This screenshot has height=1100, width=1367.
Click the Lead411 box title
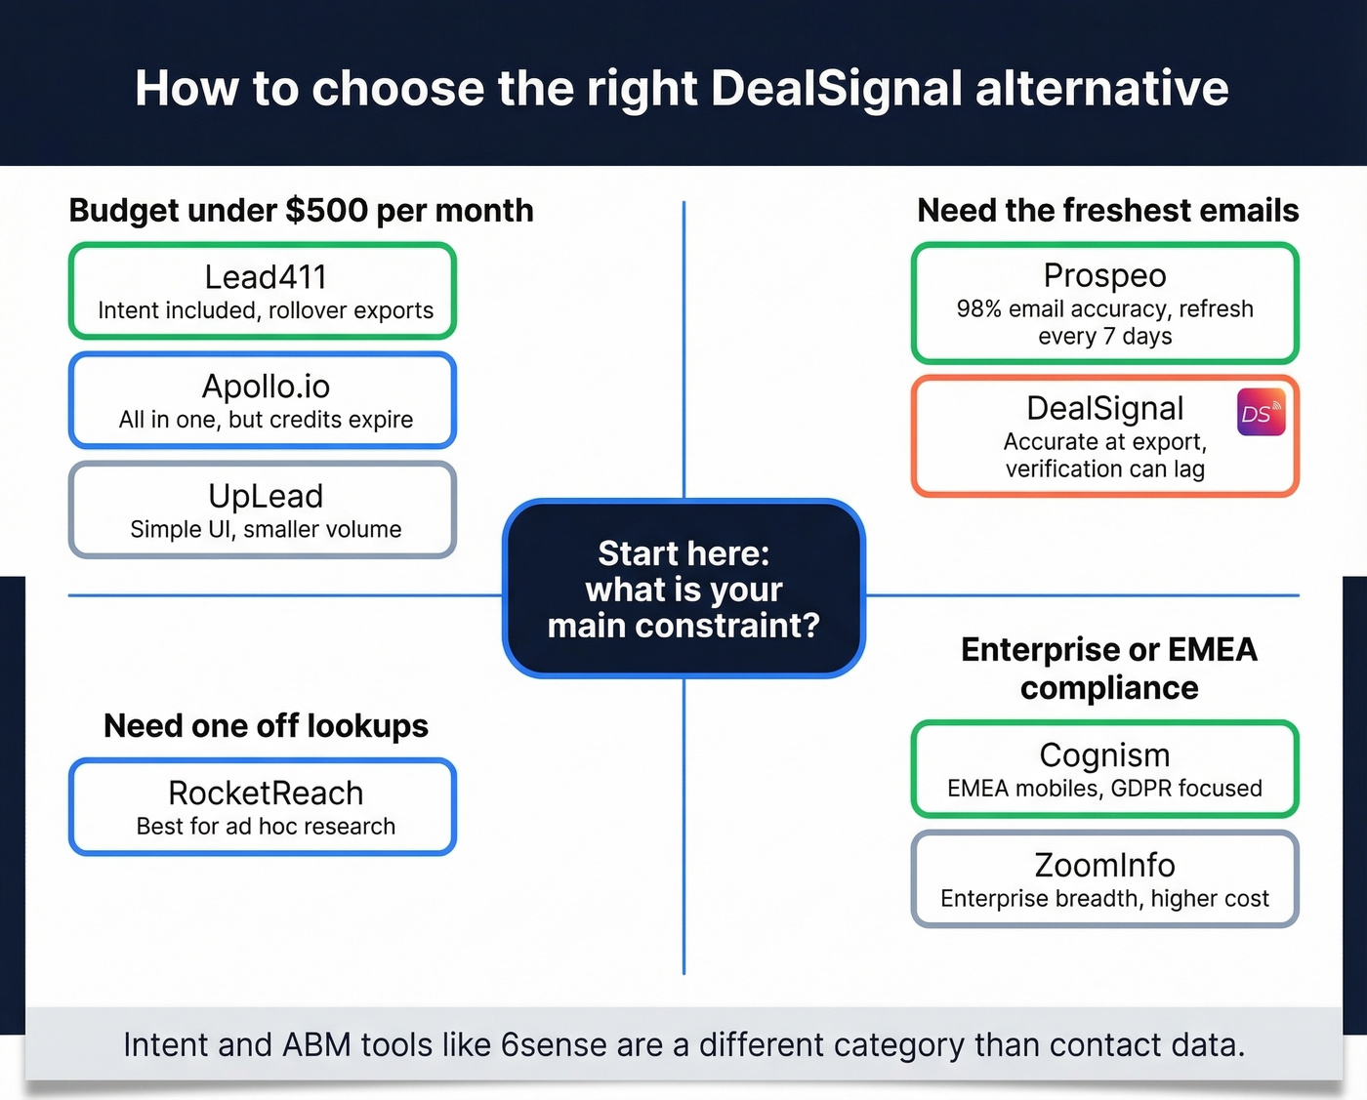coord(266,277)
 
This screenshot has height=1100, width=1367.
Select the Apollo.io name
coord(266,387)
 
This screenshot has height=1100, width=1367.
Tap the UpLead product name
coord(266,496)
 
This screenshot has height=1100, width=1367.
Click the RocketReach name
coord(266,793)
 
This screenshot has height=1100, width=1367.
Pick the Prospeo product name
coord(1104,275)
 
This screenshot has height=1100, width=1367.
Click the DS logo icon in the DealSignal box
coord(1261,413)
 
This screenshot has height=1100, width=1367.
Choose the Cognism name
coord(1104,754)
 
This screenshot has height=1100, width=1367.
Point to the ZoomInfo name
coord(1104,865)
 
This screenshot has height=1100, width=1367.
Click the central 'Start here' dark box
coord(683,589)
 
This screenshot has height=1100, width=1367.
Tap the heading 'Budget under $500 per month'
coord(301,211)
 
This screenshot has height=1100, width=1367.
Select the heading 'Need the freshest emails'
coord(1107,211)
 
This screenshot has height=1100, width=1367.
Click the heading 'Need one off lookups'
coord(266,726)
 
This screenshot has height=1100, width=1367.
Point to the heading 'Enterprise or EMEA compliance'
coord(1108,669)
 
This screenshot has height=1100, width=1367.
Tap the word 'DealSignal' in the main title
coord(837,89)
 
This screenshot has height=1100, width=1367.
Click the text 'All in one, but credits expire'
coord(266,420)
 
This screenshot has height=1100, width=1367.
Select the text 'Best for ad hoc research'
coord(266,827)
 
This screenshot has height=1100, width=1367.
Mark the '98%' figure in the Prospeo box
coord(978,309)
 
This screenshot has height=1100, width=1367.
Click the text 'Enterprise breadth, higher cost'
coord(1104,899)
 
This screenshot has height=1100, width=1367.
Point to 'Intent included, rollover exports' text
coord(266,310)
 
